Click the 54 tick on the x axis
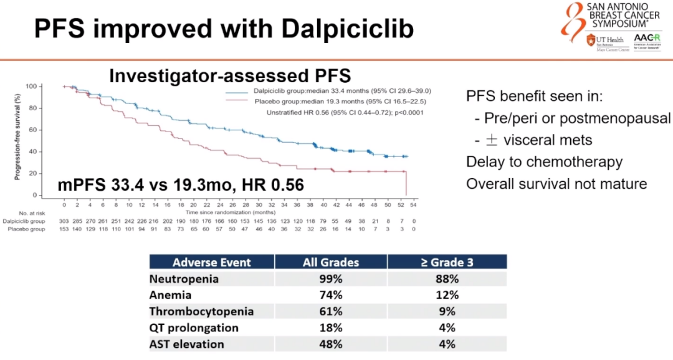pyautogui.click(x=412, y=204)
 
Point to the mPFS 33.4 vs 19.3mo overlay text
pyautogui.click(x=181, y=185)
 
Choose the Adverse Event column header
pyautogui.click(x=211, y=262)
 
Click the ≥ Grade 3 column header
pyautogui.click(x=447, y=262)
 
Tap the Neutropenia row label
pyautogui.click(x=184, y=279)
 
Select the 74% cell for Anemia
pyautogui.click(x=330, y=295)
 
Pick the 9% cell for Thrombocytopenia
pyautogui.click(x=447, y=311)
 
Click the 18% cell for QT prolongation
pyautogui.click(x=330, y=328)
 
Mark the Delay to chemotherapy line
pyautogui.click(x=544, y=162)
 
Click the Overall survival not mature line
pyautogui.click(x=556, y=184)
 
